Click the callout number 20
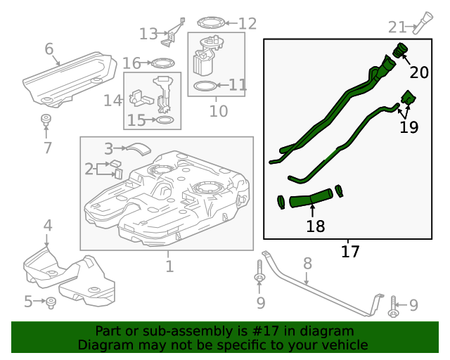(419, 72)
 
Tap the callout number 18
(316, 226)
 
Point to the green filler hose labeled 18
(309, 199)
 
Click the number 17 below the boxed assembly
(349, 250)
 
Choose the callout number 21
(397, 27)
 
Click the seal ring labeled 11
(205, 86)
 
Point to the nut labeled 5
(51, 302)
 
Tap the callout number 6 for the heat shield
(49, 49)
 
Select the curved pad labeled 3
(138, 148)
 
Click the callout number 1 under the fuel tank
(169, 266)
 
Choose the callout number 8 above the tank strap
(307, 263)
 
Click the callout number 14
(112, 101)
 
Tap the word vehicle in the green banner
(345, 345)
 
